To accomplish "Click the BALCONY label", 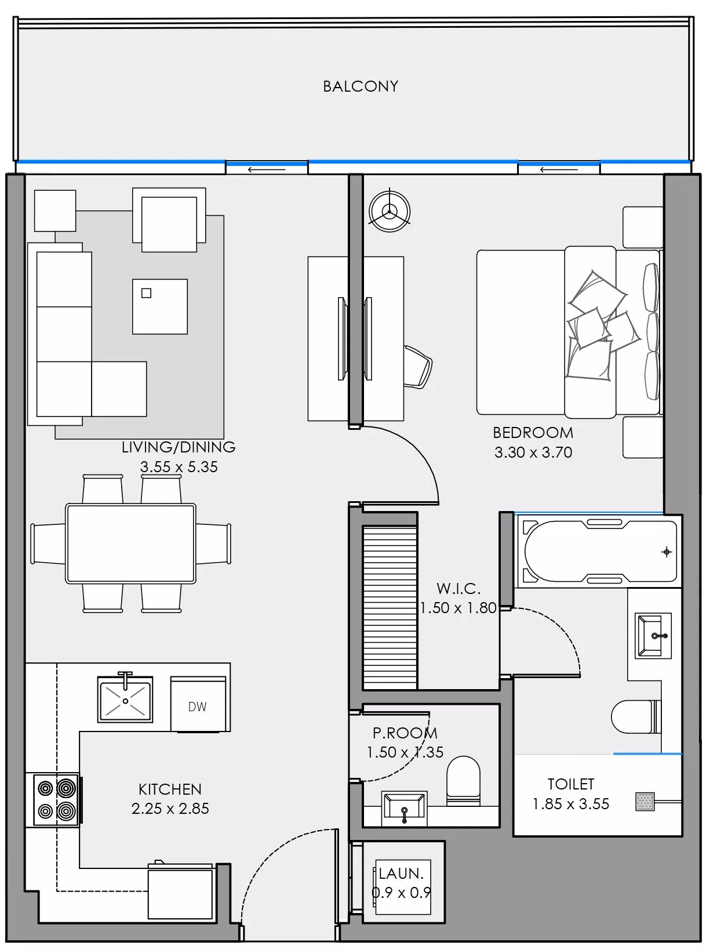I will point(360,86).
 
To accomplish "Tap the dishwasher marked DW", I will point(198,704).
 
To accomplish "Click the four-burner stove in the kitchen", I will point(56,799).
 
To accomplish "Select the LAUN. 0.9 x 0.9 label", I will point(401,882).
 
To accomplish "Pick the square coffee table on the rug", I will point(159,307).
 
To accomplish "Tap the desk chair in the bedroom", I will point(418,366).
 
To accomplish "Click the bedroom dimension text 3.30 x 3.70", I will point(533,452).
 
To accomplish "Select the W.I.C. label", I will point(458,589).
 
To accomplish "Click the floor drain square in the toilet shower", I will point(645,802).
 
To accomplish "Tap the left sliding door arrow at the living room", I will point(266,169).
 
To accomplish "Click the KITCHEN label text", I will point(170,789).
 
